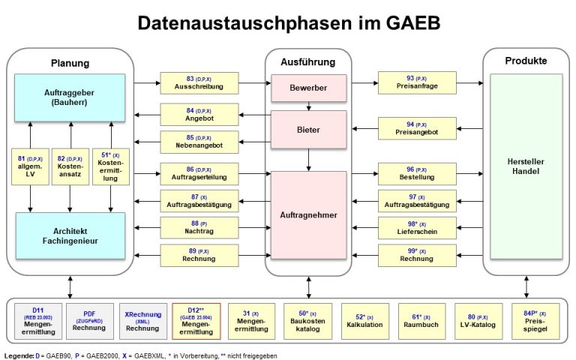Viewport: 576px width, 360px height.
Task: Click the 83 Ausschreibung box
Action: pyautogui.click(x=199, y=82)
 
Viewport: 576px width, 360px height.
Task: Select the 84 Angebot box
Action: pyautogui.click(x=199, y=115)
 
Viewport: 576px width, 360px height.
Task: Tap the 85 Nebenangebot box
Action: pyautogui.click(x=199, y=141)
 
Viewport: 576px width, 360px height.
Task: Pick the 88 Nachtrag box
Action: pyautogui.click(x=199, y=227)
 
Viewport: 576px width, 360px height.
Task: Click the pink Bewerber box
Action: pyautogui.click(x=309, y=88)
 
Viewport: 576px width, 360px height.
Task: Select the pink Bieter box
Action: pyautogui.click(x=309, y=130)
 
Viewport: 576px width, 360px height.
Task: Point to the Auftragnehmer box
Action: pyautogui.click(x=309, y=214)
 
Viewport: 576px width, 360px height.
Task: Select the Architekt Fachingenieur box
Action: pyautogui.click(x=70, y=235)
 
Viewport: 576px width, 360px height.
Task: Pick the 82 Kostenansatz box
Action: pyautogui.click(x=70, y=166)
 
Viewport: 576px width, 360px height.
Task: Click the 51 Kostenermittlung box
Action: pyautogui.click(x=110, y=166)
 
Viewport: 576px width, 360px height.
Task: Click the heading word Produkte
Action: pyautogui.click(x=526, y=61)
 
